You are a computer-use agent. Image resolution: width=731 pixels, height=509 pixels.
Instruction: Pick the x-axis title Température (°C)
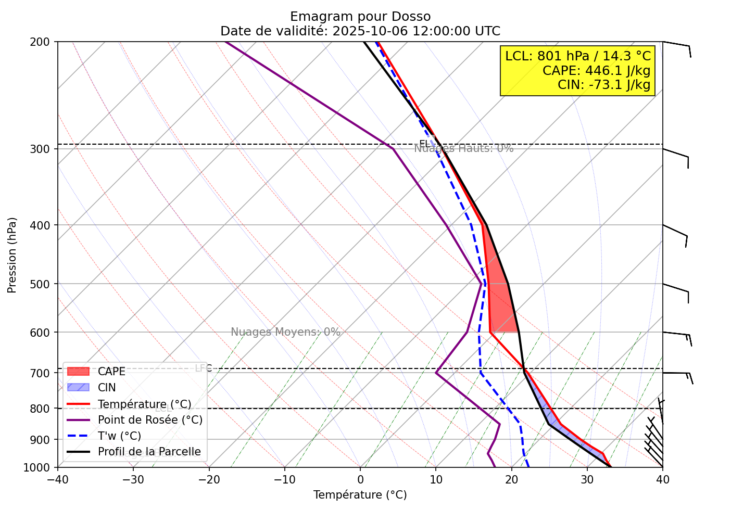pyautogui.click(x=360, y=494)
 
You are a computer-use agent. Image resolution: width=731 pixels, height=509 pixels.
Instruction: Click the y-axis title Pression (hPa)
pyautogui.click(x=12, y=255)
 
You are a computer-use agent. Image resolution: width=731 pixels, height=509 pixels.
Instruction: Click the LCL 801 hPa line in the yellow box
pyautogui.click(x=578, y=56)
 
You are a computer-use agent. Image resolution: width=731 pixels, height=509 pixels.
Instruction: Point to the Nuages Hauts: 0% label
pyautogui.click(x=463, y=148)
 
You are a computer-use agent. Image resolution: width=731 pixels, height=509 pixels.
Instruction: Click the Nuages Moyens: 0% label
pyautogui.click(x=285, y=332)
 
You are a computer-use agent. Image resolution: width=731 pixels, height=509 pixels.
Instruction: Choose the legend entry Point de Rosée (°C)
pyautogui.click(x=150, y=420)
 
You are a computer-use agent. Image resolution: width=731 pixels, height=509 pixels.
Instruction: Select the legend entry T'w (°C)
pyautogui.click(x=119, y=436)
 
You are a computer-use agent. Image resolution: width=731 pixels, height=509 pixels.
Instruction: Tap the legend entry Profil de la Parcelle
pyautogui.click(x=149, y=452)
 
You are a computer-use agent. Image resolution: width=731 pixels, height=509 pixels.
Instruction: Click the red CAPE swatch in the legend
pyautogui.click(x=79, y=372)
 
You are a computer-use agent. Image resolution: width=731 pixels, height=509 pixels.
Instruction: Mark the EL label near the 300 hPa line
pyautogui.click(x=424, y=144)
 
